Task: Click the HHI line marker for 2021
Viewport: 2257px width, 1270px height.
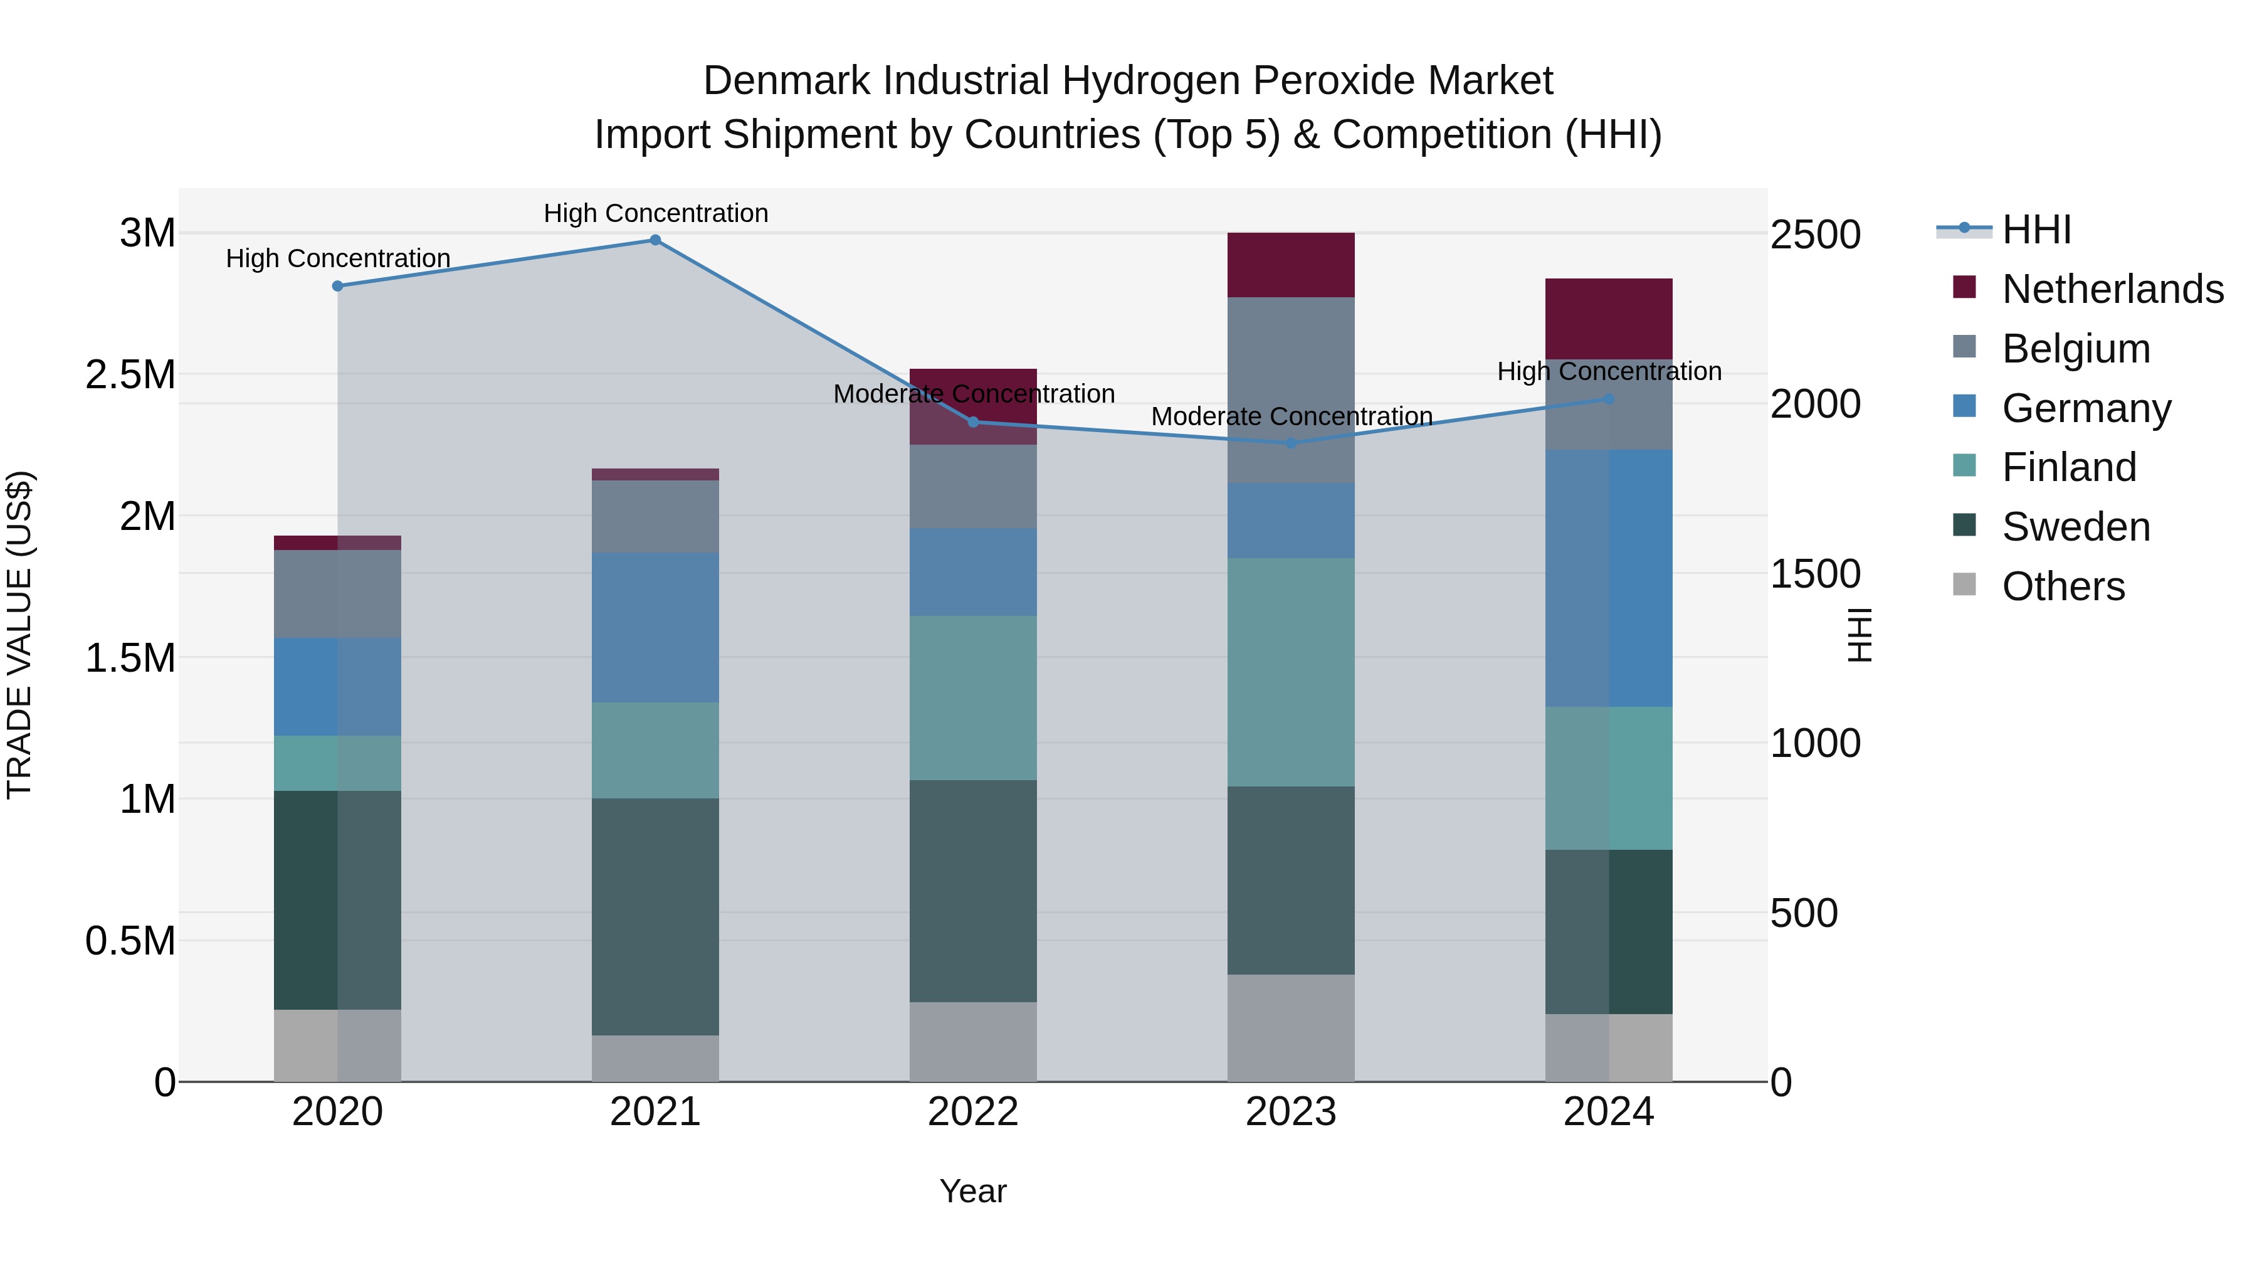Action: pyautogui.click(x=655, y=240)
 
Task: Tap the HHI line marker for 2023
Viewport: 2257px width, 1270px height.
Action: pyautogui.click(x=1291, y=443)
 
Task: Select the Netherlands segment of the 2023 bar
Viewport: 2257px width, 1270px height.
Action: pyautogui.click(x=1291, y=265)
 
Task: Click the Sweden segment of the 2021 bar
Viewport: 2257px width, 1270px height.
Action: pyautogui.click(x=655, y=916)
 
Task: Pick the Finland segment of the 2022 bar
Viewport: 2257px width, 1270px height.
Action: pyautogui.click(x=972, y=697)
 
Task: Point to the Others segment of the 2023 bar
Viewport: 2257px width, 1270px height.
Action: pyautogui.click(x=1291, y=1027)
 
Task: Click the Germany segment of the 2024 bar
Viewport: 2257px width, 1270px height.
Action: pyautogui.click(x=1609, y=578)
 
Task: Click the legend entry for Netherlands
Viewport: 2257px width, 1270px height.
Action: pyautogui.click(x=2112, y=289)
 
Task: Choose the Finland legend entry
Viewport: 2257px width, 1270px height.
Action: pyautogui.click(x=2069, y=467)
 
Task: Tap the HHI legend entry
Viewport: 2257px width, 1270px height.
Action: pyautogui.click(x=2036, y=230)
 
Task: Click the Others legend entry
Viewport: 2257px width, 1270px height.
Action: pyautogui.click(x=2063, y=586)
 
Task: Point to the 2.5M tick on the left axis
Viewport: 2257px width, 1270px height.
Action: pyautogui.click(x=130, y=375)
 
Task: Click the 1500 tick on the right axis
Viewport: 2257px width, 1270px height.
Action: pyautogui.click(x=1816, y=574)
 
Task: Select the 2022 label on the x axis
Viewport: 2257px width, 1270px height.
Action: pyautogui.click(x=972, y=1112)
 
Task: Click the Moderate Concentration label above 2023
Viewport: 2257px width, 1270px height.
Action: pyautogui.click(x=1292, y=416)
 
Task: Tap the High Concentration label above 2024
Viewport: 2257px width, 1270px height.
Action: pyautogui.click(x=1609, y=372)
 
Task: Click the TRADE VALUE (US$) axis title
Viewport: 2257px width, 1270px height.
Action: pyautogui.click(x=19, y=635)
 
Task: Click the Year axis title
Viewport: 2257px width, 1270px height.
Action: pyautogui.click(x=972, y=1191)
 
